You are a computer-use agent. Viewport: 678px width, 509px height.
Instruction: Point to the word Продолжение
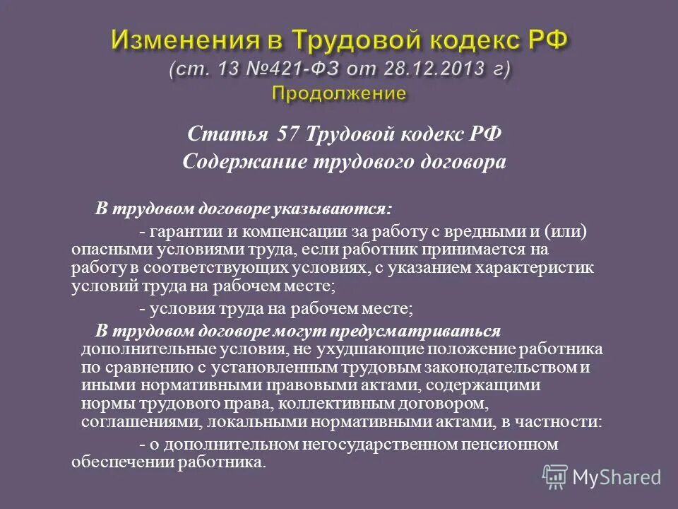pyautogui.click(x=339, y=93)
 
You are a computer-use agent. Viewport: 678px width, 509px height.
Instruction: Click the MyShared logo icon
pyautogui.click(x=555, y=476)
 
